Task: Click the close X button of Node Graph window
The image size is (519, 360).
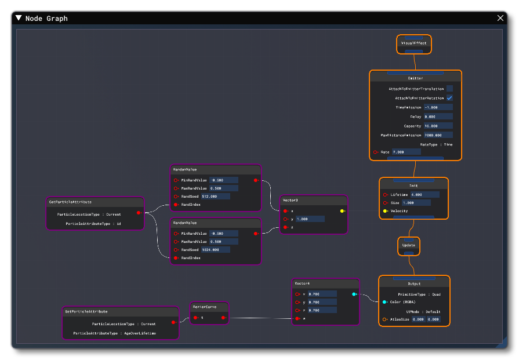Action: point(500,18)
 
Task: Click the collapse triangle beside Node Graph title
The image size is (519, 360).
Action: point(19,18)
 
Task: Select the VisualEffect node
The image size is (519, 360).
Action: point(413,43)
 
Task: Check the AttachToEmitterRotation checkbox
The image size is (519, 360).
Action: point(449,98)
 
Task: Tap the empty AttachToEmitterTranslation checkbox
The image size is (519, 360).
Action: point(449,89)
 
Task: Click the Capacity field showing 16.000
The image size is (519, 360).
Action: point(438,126)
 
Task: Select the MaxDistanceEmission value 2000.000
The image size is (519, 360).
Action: point(438,135)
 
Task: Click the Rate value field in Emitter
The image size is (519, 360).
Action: point(406,152)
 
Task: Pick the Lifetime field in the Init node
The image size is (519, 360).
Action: point(424,195)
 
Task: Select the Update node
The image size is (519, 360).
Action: point(408,245)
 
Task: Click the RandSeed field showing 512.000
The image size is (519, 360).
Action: point(215,197)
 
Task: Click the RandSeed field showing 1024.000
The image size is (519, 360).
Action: point(215,250)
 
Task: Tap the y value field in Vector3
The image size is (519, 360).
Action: point(310,219)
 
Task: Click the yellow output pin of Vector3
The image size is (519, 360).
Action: point(342,211)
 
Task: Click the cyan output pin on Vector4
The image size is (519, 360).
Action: point(354,294)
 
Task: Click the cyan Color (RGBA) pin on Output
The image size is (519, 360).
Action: point(384,301)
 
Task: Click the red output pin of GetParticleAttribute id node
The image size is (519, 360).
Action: point(138,213)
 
